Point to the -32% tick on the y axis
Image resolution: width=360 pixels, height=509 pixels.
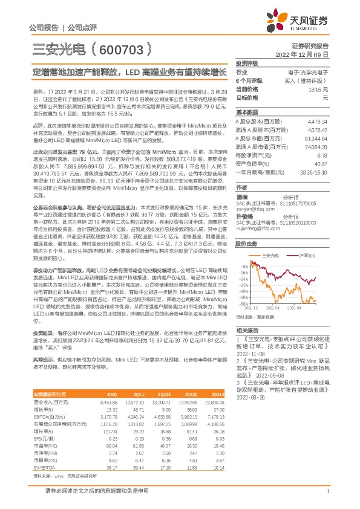tap(243, 290)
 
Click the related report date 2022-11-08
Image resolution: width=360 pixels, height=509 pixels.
tap(250, 356)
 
